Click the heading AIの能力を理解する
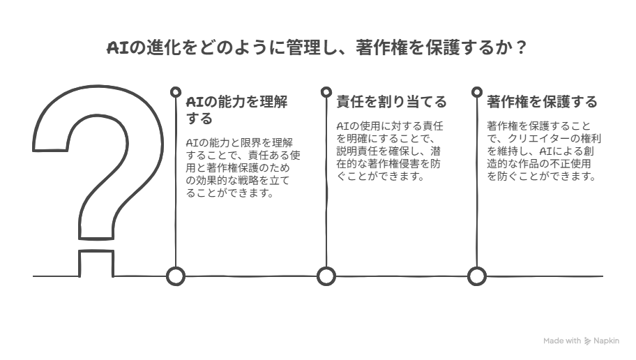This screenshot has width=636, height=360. coord(236,110)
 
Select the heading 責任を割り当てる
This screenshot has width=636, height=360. coord(391,101)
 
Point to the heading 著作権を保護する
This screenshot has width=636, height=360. coord(542,101)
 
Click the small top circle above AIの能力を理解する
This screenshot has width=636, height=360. coord(176,92)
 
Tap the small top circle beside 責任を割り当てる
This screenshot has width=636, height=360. coord(326,92)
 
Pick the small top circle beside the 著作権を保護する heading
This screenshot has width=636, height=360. coord(477,92)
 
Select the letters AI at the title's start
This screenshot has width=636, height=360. coord(118,48)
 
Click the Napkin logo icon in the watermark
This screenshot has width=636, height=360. coord(588,341)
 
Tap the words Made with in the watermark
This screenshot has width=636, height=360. coord(562,341)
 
